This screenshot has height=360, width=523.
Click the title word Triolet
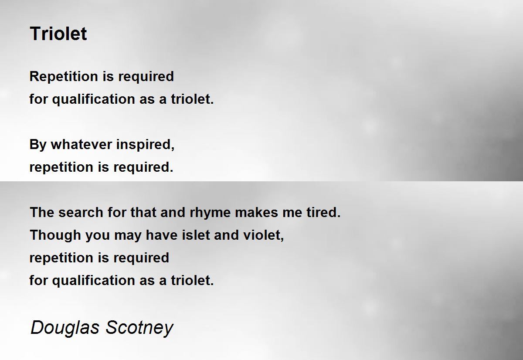58,34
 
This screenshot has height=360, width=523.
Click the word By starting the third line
38,144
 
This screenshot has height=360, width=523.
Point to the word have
160,235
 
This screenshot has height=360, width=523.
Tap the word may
128,236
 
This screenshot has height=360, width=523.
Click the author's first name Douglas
65,327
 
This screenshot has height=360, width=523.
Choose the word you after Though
98,236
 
